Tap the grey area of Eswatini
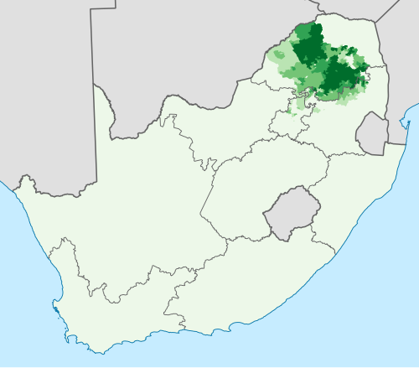(371, 132)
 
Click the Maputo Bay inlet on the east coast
(404, 126)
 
